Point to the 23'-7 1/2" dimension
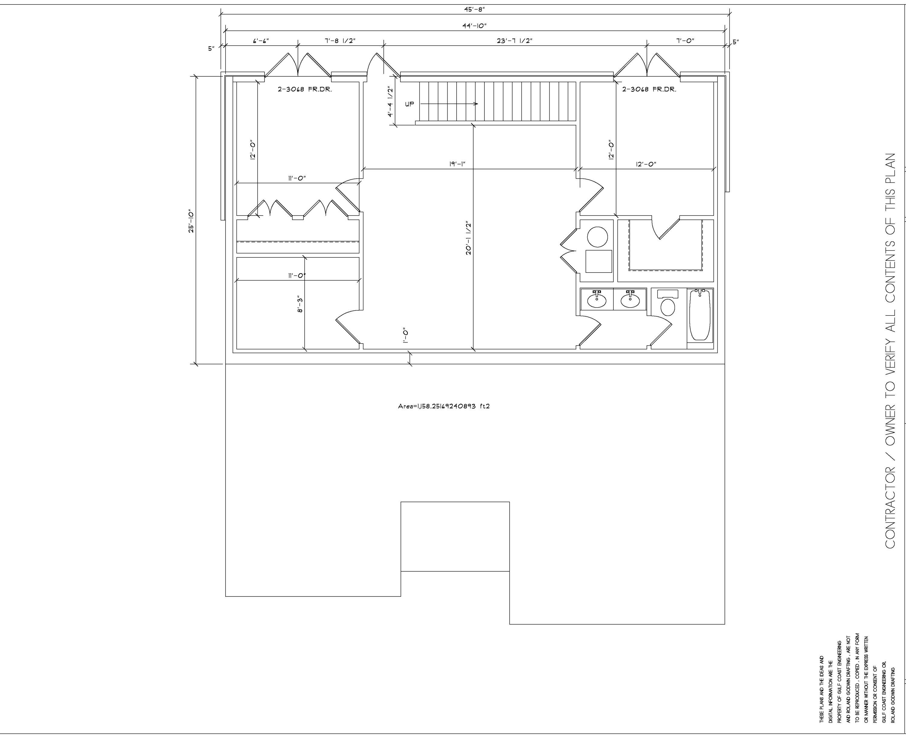(514, 41)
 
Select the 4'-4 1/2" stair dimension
(390, 102)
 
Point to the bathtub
(700, 315)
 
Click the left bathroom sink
(597, 300)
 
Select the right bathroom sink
(630, 300)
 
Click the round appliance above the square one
(598, 237)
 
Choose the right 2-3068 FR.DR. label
(649, 90)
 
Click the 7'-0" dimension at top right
(685, 41)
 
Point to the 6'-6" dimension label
(261, 41)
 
